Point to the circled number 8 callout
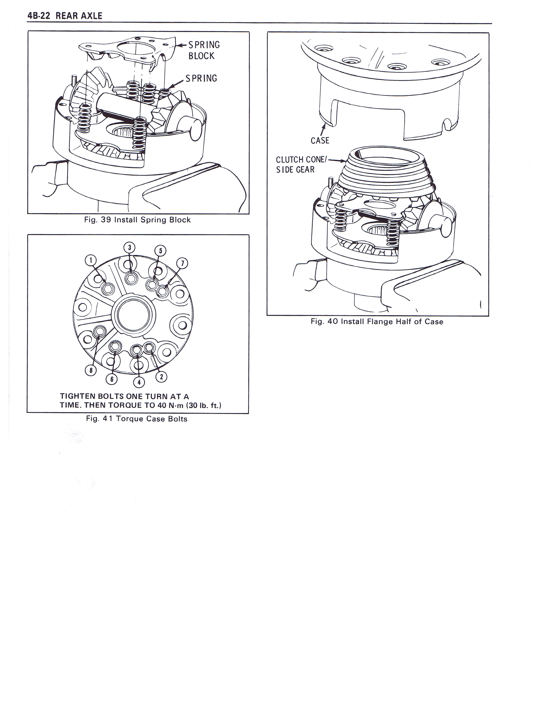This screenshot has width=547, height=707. pos(91,370)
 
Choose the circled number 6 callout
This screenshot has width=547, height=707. pos(112,379)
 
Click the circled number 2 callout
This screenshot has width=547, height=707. pos(161,376)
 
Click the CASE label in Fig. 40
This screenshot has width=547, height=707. pos(320,141)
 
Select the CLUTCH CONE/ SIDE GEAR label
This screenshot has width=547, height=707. pos(301,165)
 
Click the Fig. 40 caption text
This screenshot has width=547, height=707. pos(377,321)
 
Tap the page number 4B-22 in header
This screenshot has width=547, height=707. pos(39,16)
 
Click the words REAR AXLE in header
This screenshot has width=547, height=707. pos(79,16)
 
